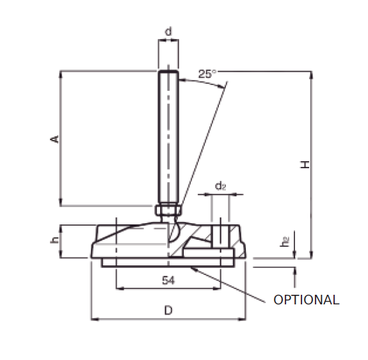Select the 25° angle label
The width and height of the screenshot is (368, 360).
coord(207,74)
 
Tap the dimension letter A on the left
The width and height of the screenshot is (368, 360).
coord(56,139)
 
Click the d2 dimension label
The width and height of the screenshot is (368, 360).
coord(220,186)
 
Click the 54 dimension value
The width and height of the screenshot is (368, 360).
coord(168,281)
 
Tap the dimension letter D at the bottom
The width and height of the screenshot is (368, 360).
coord(168,311)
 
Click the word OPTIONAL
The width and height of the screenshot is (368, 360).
coord(306,300)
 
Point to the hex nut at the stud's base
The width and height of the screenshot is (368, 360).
coord(168,210)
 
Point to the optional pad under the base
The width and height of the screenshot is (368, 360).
coord(168,263)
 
